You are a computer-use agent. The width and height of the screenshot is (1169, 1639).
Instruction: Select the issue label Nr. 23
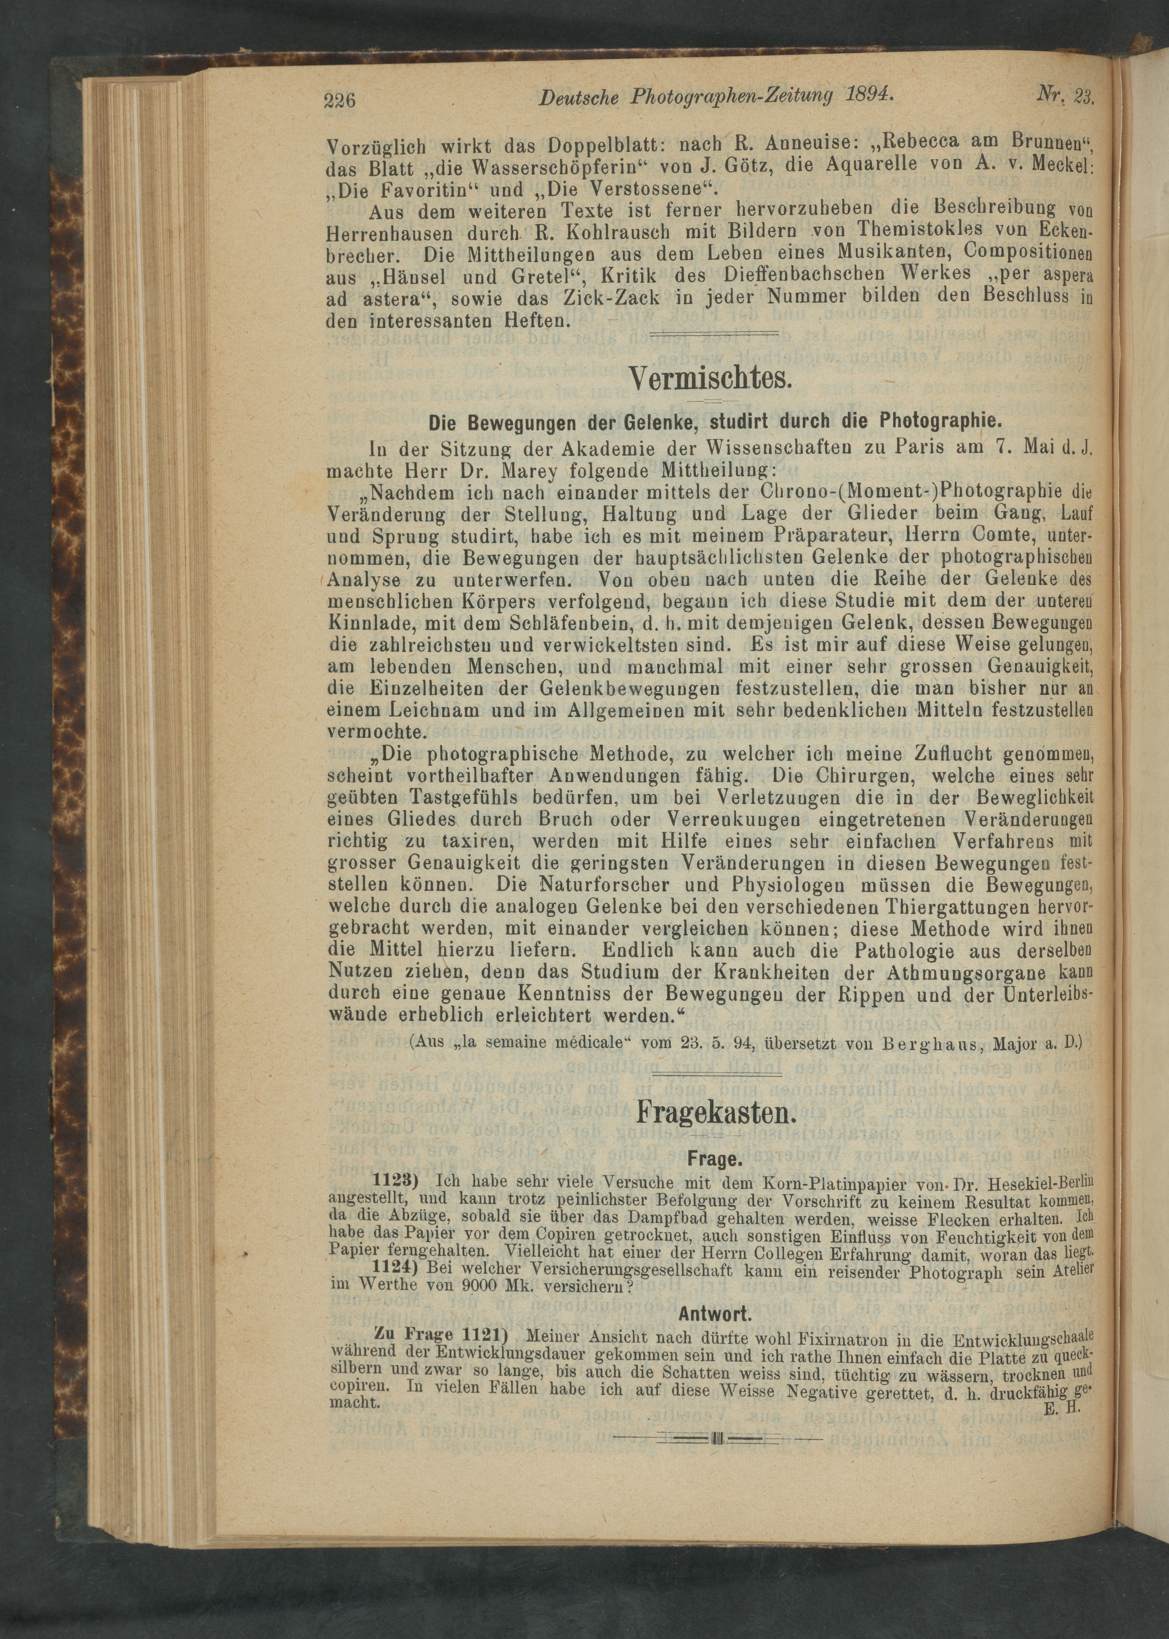click(1065, 94)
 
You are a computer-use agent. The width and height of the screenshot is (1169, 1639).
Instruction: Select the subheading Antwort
click(715, 1314)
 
